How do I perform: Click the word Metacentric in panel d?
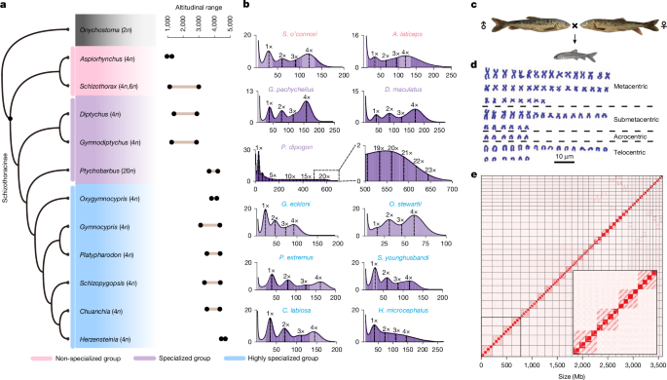pyautogui.click(x=633, y=88)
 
